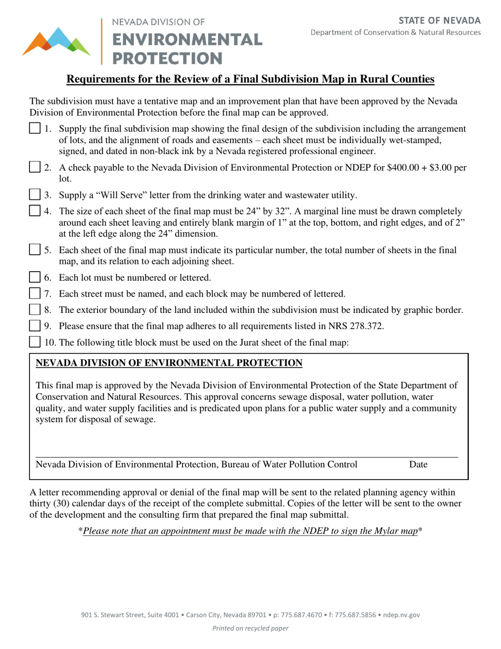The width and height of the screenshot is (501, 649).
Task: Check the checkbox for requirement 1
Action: click(x=34, y=129)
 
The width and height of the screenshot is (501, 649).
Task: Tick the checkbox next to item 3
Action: click(x=34, y=195)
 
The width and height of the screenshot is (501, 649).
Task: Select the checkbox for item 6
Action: click(x=34, y=277)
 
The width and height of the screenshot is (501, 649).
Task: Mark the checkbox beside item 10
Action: click(x=34, y=342)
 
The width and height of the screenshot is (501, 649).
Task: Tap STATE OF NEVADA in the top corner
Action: click(x=439, y=21)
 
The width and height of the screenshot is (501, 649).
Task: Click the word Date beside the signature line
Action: click(x=418, y=465)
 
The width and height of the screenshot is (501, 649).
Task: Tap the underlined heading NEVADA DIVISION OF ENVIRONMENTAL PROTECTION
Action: click(x=169, y=363)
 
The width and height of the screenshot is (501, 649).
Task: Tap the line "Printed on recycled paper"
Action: click(x=250, y=628)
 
